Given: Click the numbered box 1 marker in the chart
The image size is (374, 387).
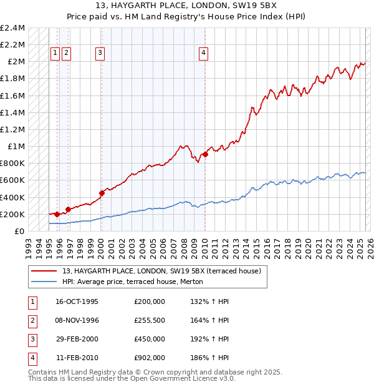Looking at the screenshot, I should point(55,54).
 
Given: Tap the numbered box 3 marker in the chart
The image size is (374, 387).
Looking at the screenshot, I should point(100,54).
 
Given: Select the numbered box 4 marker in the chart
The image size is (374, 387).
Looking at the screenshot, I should point(204,54).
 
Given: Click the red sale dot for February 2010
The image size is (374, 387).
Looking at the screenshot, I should point(205,154).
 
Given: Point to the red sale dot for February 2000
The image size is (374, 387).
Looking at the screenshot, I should point(102,193).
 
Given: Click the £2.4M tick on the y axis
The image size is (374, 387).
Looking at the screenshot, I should point(12,28).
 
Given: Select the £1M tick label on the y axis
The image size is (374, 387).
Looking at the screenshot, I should point(16,147).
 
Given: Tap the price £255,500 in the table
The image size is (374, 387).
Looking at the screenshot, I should point(149,320).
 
